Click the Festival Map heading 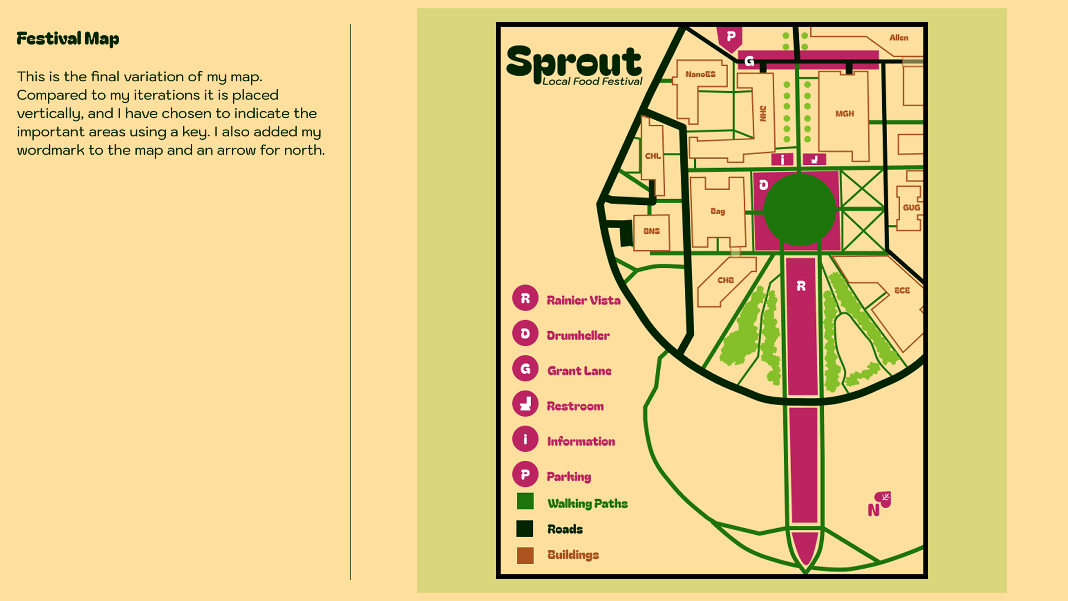coord(68,38)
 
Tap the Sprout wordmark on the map coord(574,65)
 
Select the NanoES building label coord(700,74)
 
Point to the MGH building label coord(844,114)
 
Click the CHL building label coord(652,156)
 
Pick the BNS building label coord(651,231)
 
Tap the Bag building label coord(718,211)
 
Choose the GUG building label coord(911,208)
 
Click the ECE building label coord(902,290)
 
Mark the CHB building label coord(725,280)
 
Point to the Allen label coord(898,38)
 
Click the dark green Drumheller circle coord(800,210)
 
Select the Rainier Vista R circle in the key coord(525,298)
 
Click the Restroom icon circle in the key coord(525,404)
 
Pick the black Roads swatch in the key coord(525,529)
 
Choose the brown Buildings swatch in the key coord(525,555)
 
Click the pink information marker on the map coord(782,160)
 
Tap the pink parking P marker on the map coord(730,37)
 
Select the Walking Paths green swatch coord(525,501)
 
